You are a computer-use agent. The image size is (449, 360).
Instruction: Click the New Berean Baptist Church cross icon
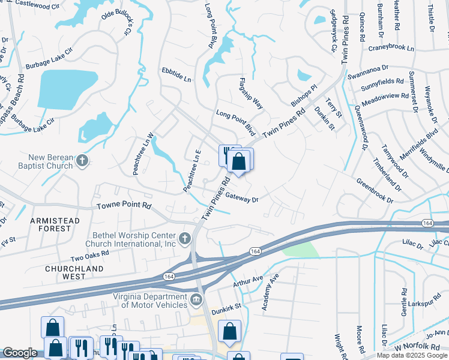tap(83, 161)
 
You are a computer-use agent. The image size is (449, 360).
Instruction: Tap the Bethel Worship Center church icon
tap(185, 238)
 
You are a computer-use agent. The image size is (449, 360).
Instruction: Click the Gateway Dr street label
tap(241, 199)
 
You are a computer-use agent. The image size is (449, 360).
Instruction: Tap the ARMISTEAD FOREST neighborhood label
tap(55, 226)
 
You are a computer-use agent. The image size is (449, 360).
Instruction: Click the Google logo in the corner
tap(19, 353)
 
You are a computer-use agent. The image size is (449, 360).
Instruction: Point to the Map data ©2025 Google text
tap(412, 355)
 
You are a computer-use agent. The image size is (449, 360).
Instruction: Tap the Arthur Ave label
tap(249, 278)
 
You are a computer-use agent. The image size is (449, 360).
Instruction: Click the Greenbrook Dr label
tap(374, 190)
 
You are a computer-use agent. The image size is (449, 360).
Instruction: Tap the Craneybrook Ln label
tap(393, 47)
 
